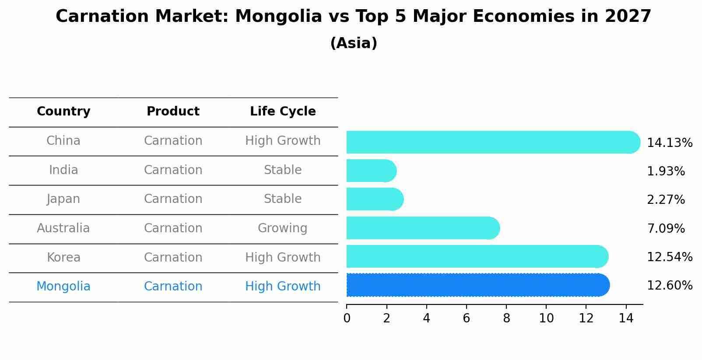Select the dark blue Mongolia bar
(x=477, y=285)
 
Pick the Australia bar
(x=422, y=228)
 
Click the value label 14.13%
(x=669, y=143)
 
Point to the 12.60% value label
(x=669, y=286)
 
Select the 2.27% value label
(x=665, y=200)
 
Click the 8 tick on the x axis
(x=506, y=318)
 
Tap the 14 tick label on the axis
(x=626, y=318)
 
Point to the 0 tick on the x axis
(x=347, y=318)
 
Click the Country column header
(x=63, y=112)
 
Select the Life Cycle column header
(x=283, y=112)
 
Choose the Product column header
(x=173, y=112)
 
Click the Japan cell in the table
(x=63, y=199)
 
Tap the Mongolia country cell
(x=63, y=287)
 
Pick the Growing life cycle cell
(x=282, y=228)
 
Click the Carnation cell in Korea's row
(x=173, y=258)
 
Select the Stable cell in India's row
(x=282, y=170)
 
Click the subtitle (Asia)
(x=354, y=43)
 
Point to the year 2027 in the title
(x=628, y=17)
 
